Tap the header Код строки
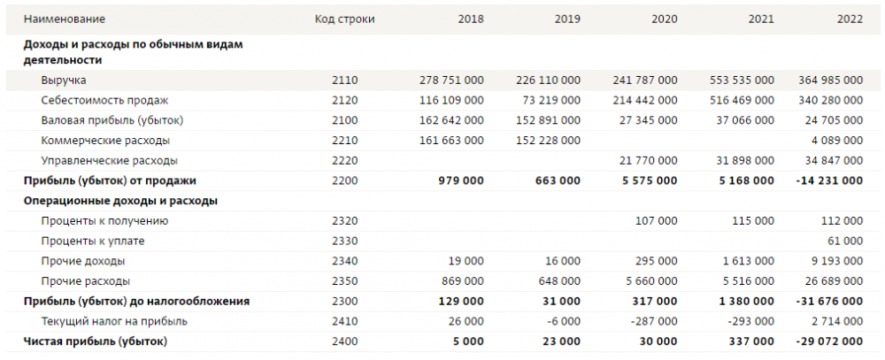click(345, 19)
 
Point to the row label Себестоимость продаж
click(104, 100)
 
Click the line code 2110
click(345, 80)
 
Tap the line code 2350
click(345, 280)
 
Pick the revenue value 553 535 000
click(742, 80)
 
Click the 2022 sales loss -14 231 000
click(827, 180)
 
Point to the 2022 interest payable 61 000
click(843, 241)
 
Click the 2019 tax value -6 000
click(564, 320)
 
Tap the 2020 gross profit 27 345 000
click(648, 119)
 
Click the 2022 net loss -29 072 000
click(827, 341)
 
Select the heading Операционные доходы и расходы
click(120, 200)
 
